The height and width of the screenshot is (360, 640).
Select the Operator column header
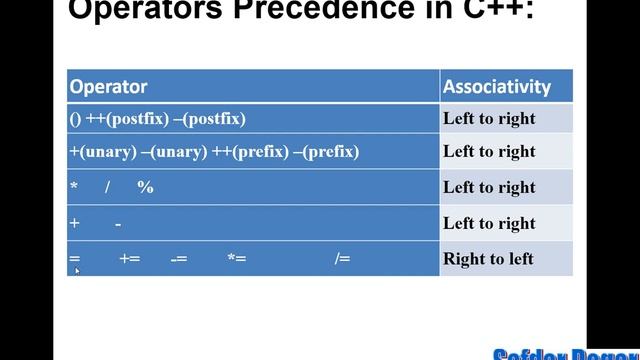coord(108,86)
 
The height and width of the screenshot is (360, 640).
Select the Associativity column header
coord(497,86)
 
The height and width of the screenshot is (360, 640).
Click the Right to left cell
coord(488,259)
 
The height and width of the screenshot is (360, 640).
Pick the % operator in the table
coord(146,187)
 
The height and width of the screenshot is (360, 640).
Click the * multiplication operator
coord(74,188)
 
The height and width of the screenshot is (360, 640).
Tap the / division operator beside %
coord(107,187)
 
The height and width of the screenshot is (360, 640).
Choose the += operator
coord(129,259)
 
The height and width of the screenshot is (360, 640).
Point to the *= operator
coord(236,259)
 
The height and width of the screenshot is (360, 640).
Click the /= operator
coord(342,259)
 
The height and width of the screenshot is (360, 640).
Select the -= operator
coord(179,259)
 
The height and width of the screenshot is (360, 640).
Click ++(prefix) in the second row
coord(248,152)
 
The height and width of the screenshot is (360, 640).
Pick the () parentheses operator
coord(76,119)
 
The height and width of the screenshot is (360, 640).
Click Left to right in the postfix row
coord(489,119)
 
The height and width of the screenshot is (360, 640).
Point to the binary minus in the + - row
coord(118,224)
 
